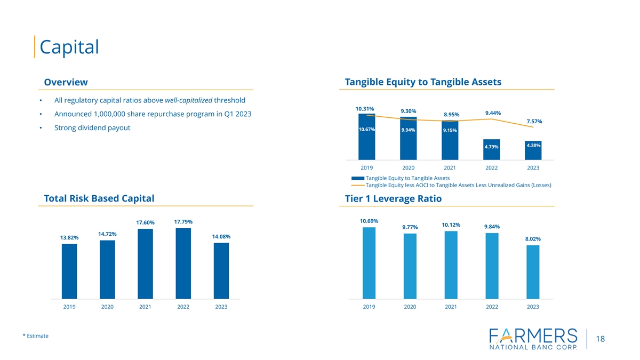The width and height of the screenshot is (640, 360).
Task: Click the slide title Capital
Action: (69, 47)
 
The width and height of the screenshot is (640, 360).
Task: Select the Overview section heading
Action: (66, 82)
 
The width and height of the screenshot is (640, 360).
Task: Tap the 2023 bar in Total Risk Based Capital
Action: (221, 270)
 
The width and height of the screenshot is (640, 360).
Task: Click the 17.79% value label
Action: (183, 221)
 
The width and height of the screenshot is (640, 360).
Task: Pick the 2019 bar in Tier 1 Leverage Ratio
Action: (369, 263)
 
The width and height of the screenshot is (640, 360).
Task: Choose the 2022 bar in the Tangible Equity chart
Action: (491, 149)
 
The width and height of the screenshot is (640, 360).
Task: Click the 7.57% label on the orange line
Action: (534, 121)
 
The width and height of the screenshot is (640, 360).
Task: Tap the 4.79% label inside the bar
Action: (491, 147)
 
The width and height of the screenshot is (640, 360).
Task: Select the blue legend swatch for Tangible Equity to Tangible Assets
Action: (357, 178)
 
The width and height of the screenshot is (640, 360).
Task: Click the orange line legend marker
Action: (357, 185)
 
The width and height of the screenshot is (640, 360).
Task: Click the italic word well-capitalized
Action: (188, 100)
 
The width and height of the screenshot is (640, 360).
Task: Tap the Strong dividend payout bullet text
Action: (92, 128)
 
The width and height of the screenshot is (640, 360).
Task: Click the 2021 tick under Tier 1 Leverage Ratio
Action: (451, 307)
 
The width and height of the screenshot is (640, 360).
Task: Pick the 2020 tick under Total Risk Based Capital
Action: (107, 307)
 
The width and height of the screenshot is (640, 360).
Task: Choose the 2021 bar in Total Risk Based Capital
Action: (145, 263)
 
